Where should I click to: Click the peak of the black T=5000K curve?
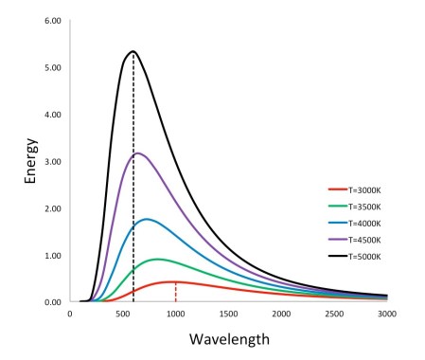133,51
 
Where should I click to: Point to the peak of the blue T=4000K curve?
147,219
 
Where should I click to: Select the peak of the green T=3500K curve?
157,259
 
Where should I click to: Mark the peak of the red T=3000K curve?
174,281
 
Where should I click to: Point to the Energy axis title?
31,161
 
